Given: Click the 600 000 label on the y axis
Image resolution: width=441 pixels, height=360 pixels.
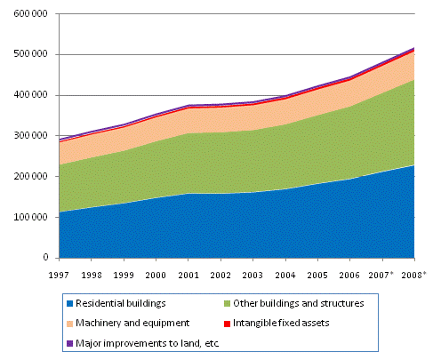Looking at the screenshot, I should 31,13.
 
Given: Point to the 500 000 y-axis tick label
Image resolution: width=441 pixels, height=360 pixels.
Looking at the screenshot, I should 31,54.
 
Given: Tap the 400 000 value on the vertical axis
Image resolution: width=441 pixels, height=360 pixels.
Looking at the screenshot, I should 31,95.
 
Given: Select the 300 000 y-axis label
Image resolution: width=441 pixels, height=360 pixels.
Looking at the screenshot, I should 31,136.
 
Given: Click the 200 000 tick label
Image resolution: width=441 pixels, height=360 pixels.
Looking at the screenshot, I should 31,176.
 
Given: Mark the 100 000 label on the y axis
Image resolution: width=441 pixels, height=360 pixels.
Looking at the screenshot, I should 31,217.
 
